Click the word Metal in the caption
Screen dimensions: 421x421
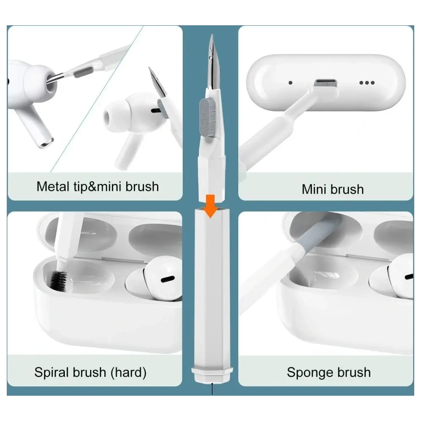pyautogui.click(x=53, y=186)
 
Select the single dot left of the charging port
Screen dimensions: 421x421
pyautogui.click(x=290, y=83)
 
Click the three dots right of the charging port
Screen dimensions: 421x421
pyautogui.click(x=366, y=83)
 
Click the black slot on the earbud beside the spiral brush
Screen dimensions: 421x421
pyautogui.click(x=167, y=279)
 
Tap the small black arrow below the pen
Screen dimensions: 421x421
pyautogui.click(x=212, y=389)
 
